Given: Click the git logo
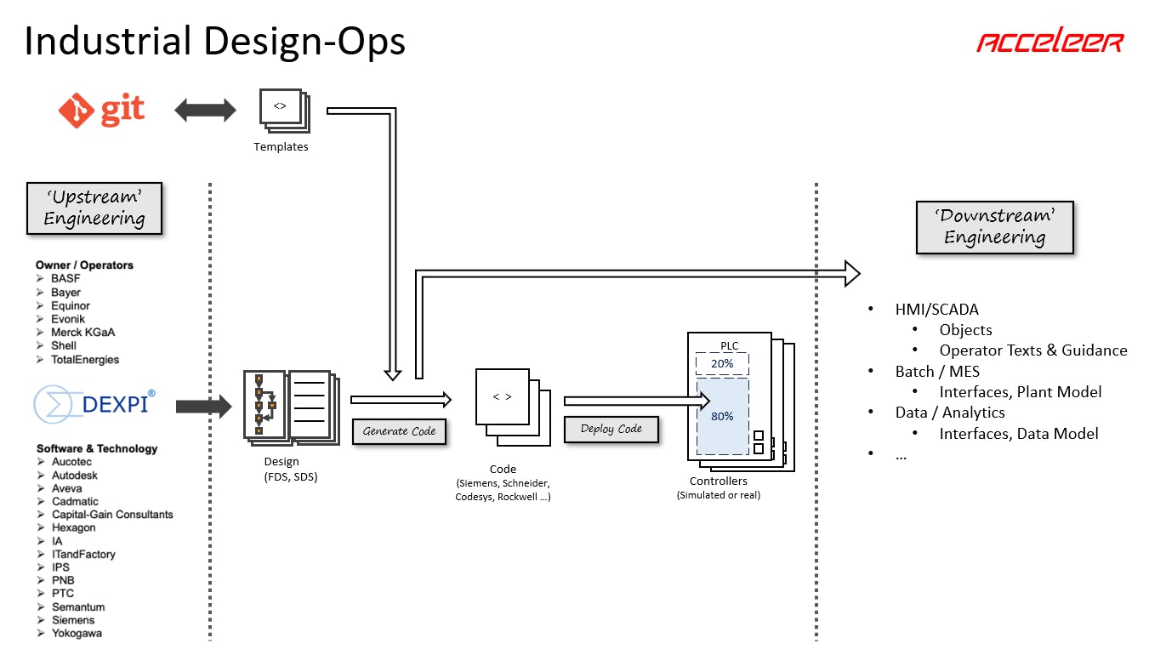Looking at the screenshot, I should pyautogui.click(x=101, y=109).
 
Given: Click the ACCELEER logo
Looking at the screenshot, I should pyautogui.click(x=1049, y=43).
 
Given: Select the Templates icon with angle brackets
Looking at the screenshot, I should pyautogui.click(x=281, y=109).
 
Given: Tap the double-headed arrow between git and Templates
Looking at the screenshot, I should pyautogui.click(x=205, y=109).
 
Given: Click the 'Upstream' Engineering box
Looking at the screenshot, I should pyautogui.click(x=94, y=208).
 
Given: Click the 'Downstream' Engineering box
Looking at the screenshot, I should pyautogui.click(x=994, y=227).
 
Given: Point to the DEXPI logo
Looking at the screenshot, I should pyautogui.click(x=94, y=404).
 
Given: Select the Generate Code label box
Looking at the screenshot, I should pyautogui.click(x=399, y=431).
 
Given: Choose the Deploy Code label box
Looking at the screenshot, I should pyautogui.click(x=611, y=429).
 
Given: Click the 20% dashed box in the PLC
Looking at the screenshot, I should pyautogui.click(x=722, y=363).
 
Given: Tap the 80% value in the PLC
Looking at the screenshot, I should pyautogui.click(x=722, y=416).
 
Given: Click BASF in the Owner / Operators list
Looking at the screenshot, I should pyautogui.click(x=65, y=278).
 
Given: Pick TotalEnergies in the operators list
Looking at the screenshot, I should pyautogui.click(x=85, y=359).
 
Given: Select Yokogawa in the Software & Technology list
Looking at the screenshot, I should pyautogui.click(x=77, y=633).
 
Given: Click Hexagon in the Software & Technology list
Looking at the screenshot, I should pyautogui.click(x=74, y=527).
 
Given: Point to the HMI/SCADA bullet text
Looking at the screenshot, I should pyautogui.click(x=936, y=310).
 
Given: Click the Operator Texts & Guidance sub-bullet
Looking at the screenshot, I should pyautogui.click(x=1032, y=350).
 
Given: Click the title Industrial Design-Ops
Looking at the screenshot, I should pyautogui.click(x=214, y=41).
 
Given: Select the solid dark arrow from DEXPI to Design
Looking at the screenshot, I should pyautogui.click(x=203, y=407).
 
